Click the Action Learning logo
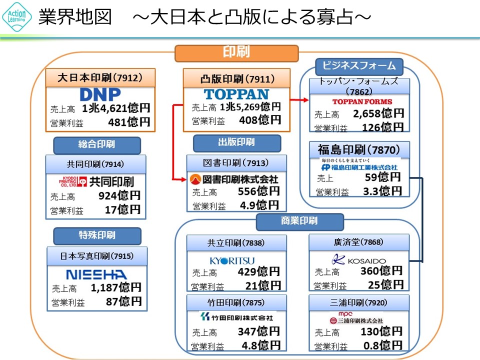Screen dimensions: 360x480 [x=17, y=18]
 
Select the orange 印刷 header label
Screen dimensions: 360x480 [x=236, y=52]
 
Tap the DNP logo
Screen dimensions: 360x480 [x=100, y=94]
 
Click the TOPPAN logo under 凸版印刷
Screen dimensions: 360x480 [x=236, y=94]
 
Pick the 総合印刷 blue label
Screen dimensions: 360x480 [x=96, y=144]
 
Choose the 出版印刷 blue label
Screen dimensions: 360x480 [x=236, y=142]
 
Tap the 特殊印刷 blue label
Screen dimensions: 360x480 [x=97, y=235]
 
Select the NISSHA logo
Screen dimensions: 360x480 [x=96, y=274]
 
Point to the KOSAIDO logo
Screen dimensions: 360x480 [x=359, y=260]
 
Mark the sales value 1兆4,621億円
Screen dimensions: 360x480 [x=116, y=107]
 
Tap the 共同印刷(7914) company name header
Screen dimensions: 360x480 [x=95, y=164]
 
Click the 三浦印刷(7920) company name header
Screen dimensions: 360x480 [x=358, y=302]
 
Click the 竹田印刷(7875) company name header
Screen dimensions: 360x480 [x=236, y=302]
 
